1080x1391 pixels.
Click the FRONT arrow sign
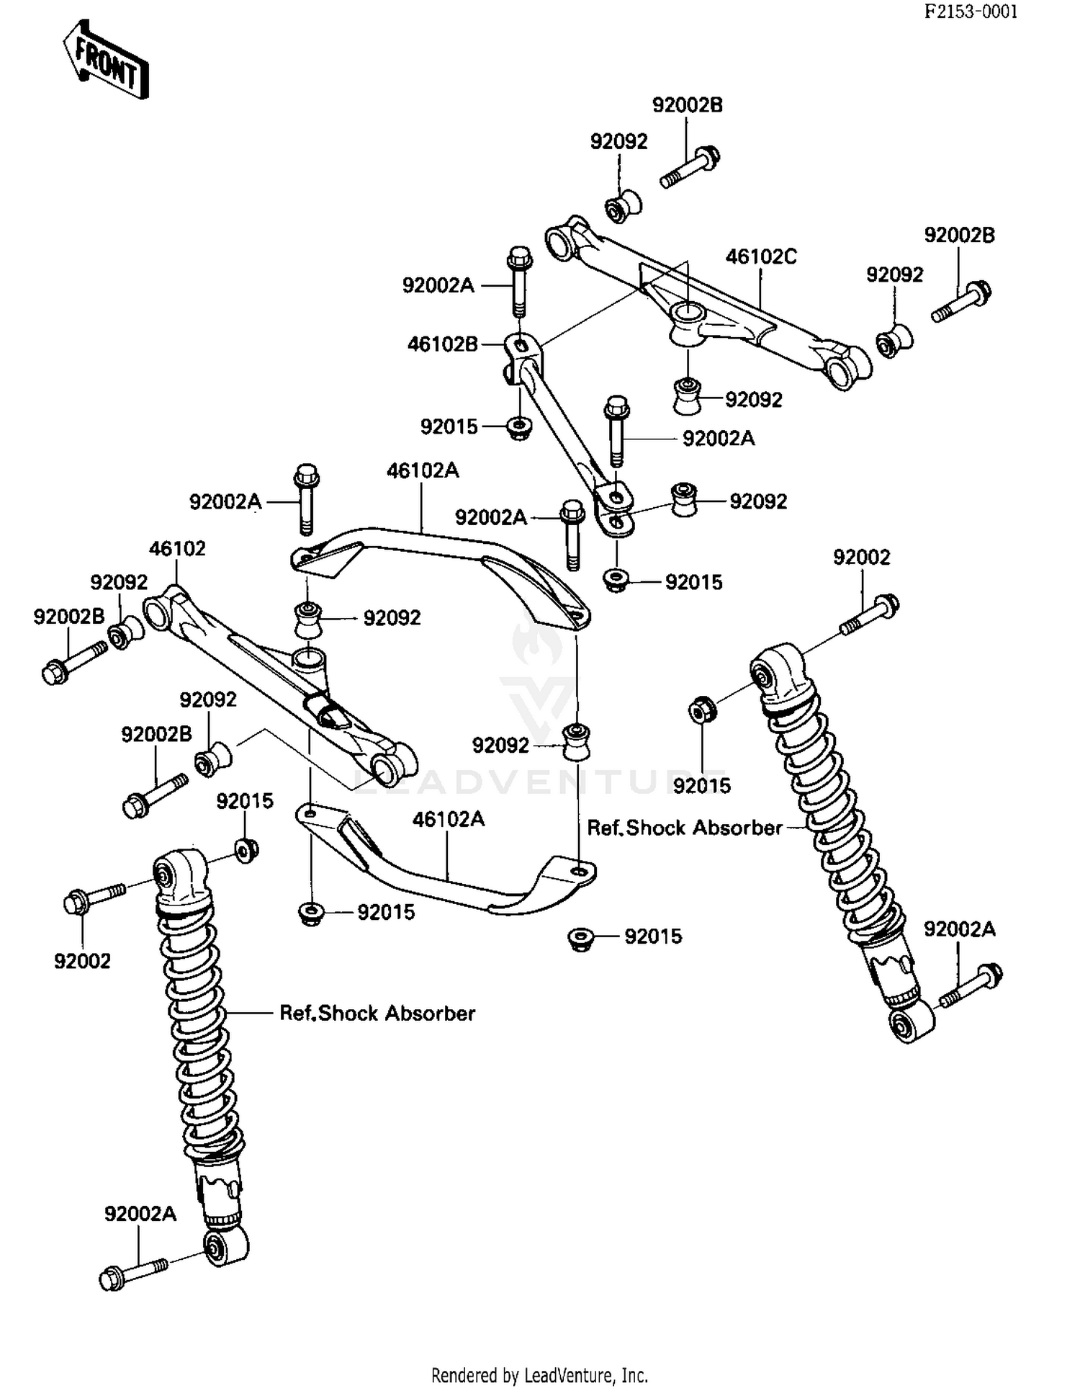click(x=106, y=60)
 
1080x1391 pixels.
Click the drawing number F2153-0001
click(x=971, y=12)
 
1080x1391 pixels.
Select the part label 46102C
click(x=760, y=257)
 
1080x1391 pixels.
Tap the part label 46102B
click(x=443, y=344)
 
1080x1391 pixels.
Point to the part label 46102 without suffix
click(x=177, y=549)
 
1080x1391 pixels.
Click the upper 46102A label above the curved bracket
click(x=423, y=471)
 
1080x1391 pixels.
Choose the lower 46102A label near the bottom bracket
click(x=449, y=819)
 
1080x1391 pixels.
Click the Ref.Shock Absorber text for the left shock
click(x=377, y=1014)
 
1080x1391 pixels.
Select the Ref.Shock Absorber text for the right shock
click(x=684, y=828)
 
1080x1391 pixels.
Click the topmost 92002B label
click(x=687, y=105)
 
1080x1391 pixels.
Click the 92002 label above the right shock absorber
click(x=861, y=558)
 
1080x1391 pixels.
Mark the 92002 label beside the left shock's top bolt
click(x=82, y=961)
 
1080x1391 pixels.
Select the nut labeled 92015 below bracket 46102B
click(x=518, y=428)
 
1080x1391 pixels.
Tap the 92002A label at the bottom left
click(x=140, y=1214)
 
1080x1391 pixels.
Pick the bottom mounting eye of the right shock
click(x=910, y=1023)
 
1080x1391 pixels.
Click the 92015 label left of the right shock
click(x=701, y=786)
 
